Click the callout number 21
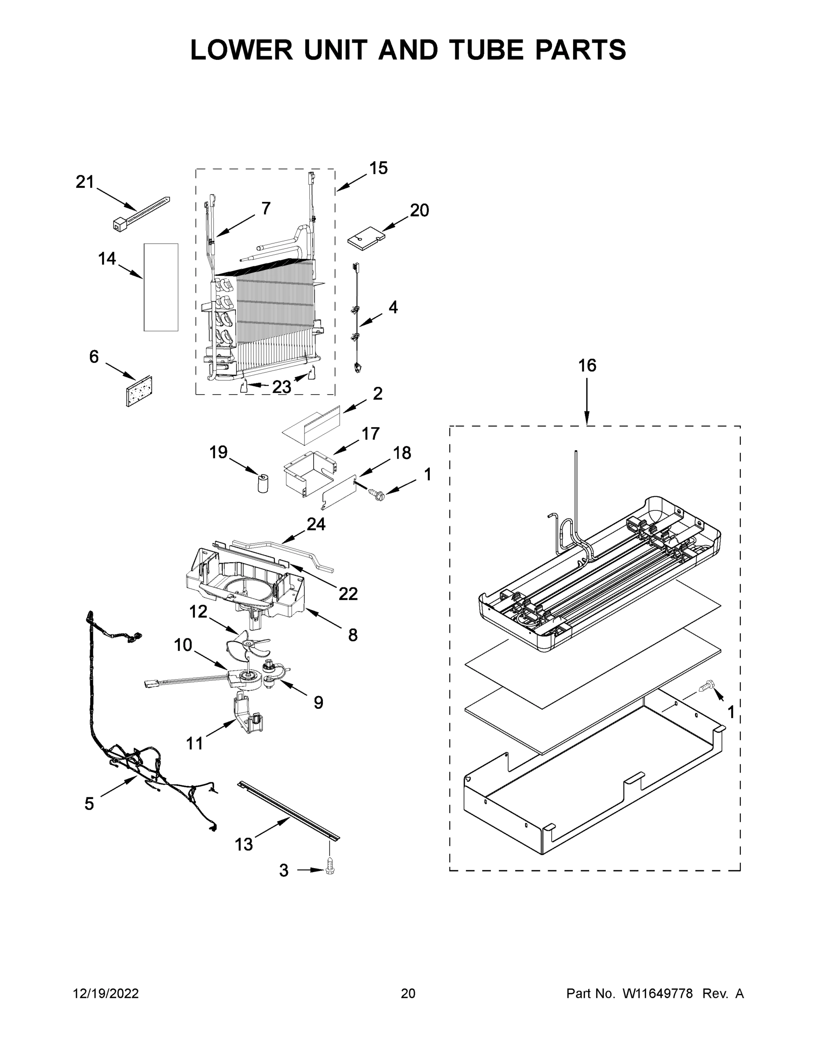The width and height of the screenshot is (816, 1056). click(x=84, y=182)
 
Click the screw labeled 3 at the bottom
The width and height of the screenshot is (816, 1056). click(x=331, y=865)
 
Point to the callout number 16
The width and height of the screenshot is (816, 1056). click(x=587, y=366)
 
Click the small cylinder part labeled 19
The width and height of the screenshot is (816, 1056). click(x=263, y=484)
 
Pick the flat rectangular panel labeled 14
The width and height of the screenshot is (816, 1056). click(x=161, y=287)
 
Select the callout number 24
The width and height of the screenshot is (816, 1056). click(x=316, y=524)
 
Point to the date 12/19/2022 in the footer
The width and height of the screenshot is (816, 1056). click(x=106, y=994)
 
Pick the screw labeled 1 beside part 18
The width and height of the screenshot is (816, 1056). click(x=376, y=494)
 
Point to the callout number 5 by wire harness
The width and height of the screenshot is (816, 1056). click(x=89, y=804)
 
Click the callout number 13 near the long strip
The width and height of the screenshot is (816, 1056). click(x=244, y=844)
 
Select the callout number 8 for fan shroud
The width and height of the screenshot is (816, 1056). click(x=353, y=634)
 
